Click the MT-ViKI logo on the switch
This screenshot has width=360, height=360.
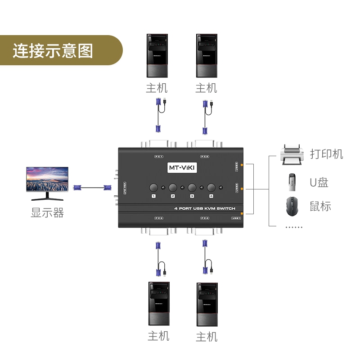(180, 167)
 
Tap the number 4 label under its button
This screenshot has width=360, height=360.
(210, 196)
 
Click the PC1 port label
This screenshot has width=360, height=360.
(158, 157)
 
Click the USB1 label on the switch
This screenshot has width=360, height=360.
(236, 218)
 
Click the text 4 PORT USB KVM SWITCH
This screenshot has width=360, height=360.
(205, 209)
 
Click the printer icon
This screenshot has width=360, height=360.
(291, 154)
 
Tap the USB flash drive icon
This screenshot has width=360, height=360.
(291, 181)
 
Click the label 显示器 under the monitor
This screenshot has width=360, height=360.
(47, 212)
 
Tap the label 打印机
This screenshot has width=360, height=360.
(326, 154)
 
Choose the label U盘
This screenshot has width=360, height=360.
(319, 182)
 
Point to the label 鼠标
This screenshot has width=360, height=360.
(320, 207)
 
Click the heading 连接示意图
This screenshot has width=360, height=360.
(53, 50)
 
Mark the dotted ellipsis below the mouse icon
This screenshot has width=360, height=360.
(294, 227)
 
